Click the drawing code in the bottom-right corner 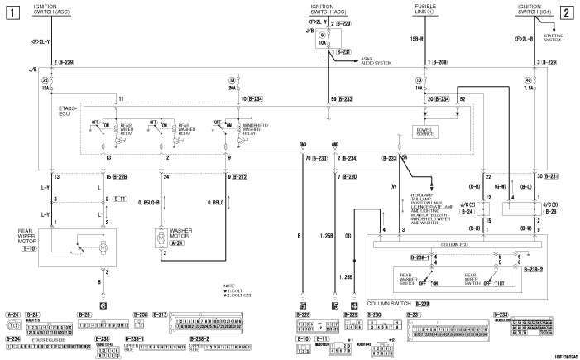563,355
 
